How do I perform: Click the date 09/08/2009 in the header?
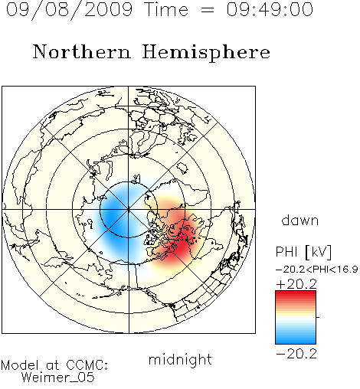pyautogui.click(x=69, y=10)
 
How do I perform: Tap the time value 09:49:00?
pyautogui.click(x=270, y=10)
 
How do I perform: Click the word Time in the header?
pyautogui.click(x=166, y=10)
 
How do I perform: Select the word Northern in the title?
pyautogui.click(x=82, y=52)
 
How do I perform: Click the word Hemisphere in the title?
pyautogui.click(x=206, y=53)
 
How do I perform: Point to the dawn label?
pyautogui.click(x=300, y=220)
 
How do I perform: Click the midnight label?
pyautogui.click(x=180, y=359)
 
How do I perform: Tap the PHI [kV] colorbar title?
pyautogui.click(x=303, y=252)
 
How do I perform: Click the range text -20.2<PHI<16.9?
pyautogui.click(x=317, y=270)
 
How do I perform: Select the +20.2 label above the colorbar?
pyautogui.click(x=296, y=284)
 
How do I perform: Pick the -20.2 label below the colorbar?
pyautogui.click(x=296, y=354)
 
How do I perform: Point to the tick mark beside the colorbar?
pyautogui.click(x=318, y=317)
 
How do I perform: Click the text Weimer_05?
pyautogui.click(x=57, y=378)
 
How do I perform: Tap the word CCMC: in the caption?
pyautogui.click(x=87, y=365)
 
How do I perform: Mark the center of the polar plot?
pyautogui.click(x=129, y=210)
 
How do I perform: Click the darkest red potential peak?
pyautogui.click(x=182, y=246)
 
